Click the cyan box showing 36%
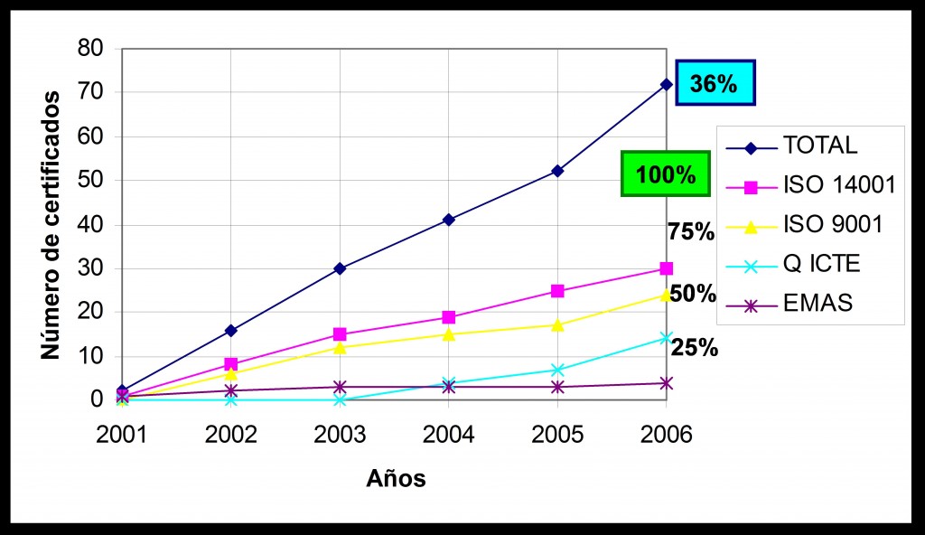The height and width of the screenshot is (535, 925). coord(714,84)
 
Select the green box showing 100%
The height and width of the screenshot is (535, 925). coord(666,174)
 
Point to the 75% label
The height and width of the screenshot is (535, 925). coord(691,232)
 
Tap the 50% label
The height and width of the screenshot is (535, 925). coord(693,294)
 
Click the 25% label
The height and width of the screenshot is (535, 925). coord(695,348)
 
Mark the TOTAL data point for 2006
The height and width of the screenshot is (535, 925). coord(666,84)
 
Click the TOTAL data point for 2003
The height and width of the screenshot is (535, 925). coord(340,268)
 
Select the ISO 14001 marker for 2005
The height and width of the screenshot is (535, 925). coord(557,291)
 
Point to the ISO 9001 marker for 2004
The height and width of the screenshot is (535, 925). coord(449,334)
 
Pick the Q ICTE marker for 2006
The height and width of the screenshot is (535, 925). coord(666,338)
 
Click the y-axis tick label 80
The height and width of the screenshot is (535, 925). coord(90,48)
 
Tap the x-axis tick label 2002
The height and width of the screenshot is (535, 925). coord(231,435)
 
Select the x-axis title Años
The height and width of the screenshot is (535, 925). coord(396,479)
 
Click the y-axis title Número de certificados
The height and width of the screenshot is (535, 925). coord(51,225)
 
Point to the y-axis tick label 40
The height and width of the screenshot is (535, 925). coord(90,224)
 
